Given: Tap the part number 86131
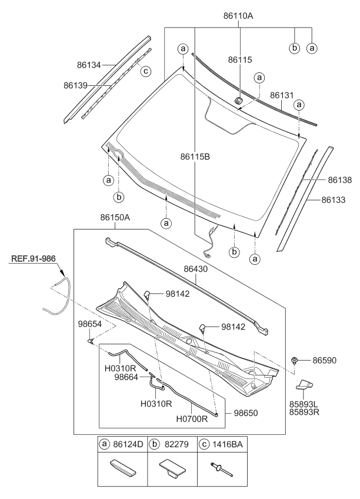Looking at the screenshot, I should point(282,95).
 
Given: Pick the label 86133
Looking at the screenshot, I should point(333,200).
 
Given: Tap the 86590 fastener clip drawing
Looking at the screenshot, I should point(294,360).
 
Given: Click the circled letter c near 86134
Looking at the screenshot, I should point(145,72).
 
